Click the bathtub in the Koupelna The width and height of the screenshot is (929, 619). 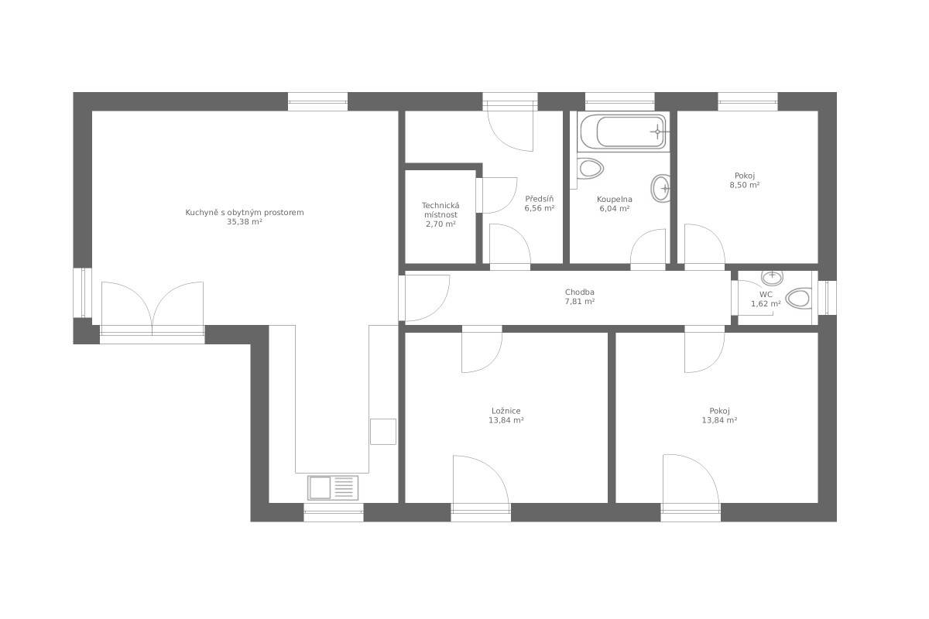pyautogui.click(x=622, y=132)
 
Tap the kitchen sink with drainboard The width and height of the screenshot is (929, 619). pyautogui.click(x=333, y=487)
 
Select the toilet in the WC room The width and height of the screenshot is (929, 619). pyautogui.click(x=799, y=298)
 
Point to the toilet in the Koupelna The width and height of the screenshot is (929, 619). pyautogui.click(x=590, y=169)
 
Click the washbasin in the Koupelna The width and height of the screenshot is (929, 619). pyautogui.click(x=660, y=188)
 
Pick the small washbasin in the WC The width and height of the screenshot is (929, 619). pyautogui.click(x=772, y=277)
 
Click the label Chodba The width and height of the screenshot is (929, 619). pyautogui.click(x=579, y=292)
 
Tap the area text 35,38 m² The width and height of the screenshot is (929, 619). pyautogui.click(x=245, y=222)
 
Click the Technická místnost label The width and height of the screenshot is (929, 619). pyautogui.click(x=441, y=210)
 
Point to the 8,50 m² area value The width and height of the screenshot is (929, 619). pyautogui.click(x=745, y=185)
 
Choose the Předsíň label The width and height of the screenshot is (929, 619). pyautogui.click(x=539, y=199)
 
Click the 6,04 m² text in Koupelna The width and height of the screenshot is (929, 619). pyautogui.click(x=615, y=209)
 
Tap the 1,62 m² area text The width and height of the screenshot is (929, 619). pyautogui.click(x=766, y=303)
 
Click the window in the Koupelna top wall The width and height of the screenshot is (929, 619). pyautogui.click(x=619, y=101)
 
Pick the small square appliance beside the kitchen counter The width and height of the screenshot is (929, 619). pyautogui.click(x=382, y=432)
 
